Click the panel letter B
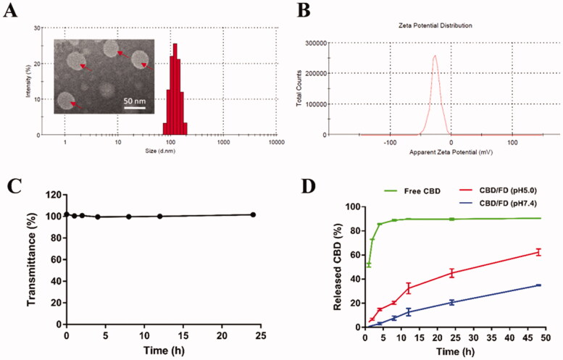[x=306, y=11]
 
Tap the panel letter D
[x=307, y=185]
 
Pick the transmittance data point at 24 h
[x=253, y=214]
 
